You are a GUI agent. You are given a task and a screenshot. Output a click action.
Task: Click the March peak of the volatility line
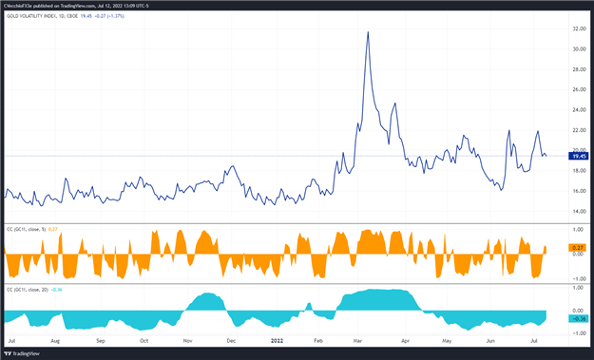pos(368,32)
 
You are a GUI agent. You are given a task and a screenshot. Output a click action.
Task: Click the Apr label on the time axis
pos(406,339)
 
